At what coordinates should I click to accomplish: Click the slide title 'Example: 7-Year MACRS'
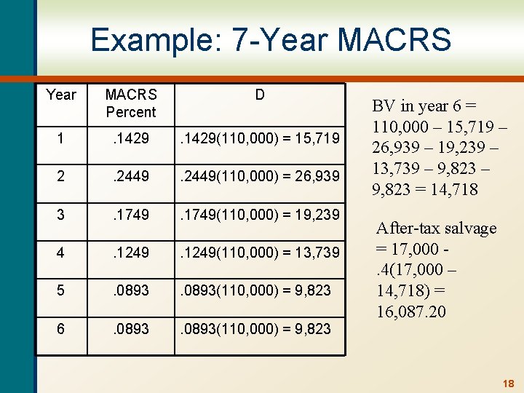click(271, 39)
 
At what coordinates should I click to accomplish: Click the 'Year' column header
click(61, 95)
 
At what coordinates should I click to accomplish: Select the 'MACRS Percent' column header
click(131, 103)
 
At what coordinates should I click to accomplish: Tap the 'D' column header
click(260, 95)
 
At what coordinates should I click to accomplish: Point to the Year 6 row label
click(61, 329)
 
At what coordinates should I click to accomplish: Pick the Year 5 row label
click(61, 290)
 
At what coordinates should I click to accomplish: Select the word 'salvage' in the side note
click(466, 228)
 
